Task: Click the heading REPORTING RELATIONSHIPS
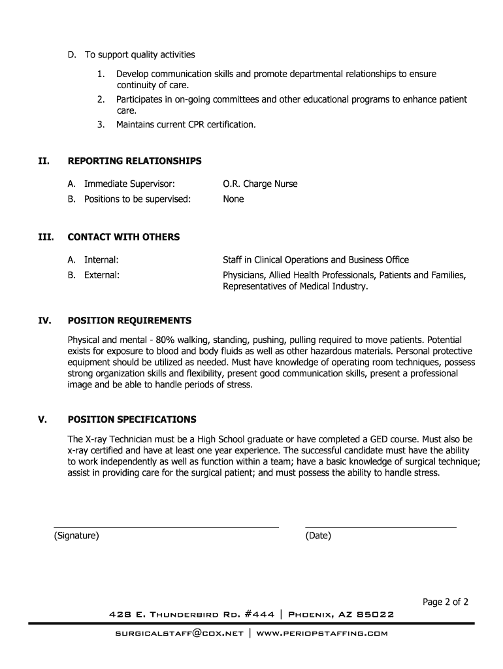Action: coord(135,161)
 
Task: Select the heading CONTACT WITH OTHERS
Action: coord(123,237)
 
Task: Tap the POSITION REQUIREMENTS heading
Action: coord(129,321)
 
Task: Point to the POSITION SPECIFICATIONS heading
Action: coord(132,419)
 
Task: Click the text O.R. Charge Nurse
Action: coord(260,184)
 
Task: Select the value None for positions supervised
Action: coord(233,199)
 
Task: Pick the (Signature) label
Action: coord(76,536)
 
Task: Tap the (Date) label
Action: coord(318,536)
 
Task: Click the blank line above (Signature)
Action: coord(166,527)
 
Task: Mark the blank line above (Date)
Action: coord(380,527)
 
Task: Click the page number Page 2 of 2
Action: coord(446,602)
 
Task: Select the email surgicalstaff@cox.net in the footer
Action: coord(178,634)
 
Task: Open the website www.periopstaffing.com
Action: coord(322,634)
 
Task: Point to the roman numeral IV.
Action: coord(44,321)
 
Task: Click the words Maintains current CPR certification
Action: coord(186,123)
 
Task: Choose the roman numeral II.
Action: coord(44,161)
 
